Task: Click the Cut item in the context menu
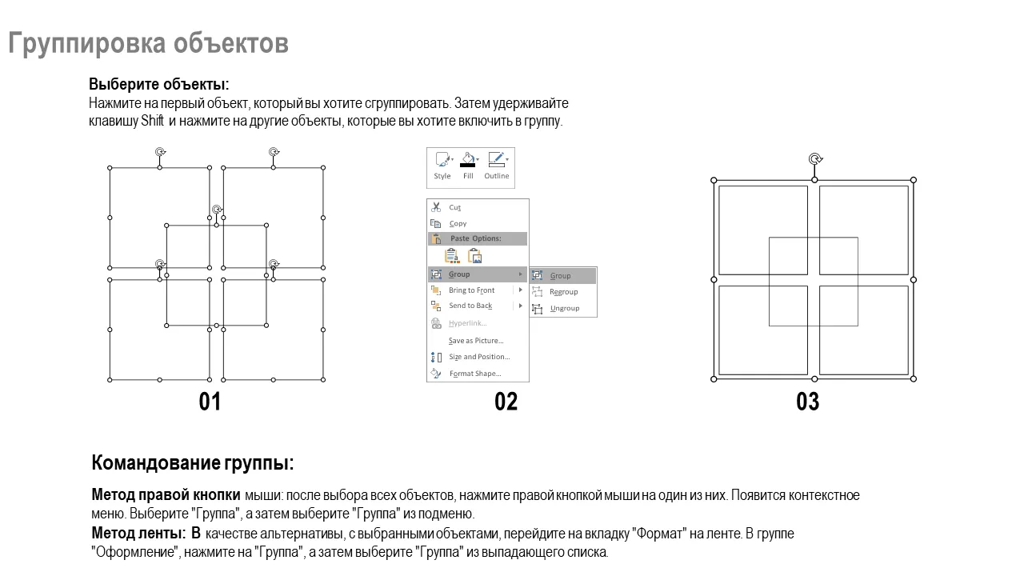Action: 454,207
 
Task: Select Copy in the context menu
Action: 457,223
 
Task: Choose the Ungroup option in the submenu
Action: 564,308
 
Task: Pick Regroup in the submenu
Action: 563,292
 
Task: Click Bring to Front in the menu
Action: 471,290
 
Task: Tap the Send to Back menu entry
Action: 470,306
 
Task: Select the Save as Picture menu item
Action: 476,341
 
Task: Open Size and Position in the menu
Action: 479,357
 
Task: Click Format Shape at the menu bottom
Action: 475,374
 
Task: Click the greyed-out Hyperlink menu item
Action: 467,323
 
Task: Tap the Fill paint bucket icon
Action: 468,160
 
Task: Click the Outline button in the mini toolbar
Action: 497,166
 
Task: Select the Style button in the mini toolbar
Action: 442,166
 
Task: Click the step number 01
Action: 210,402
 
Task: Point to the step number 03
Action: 808,402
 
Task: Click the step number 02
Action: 506,402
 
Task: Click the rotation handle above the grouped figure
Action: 815,159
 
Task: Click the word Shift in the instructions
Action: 152,121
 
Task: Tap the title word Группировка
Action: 87,43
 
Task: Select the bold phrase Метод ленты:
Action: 139,533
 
